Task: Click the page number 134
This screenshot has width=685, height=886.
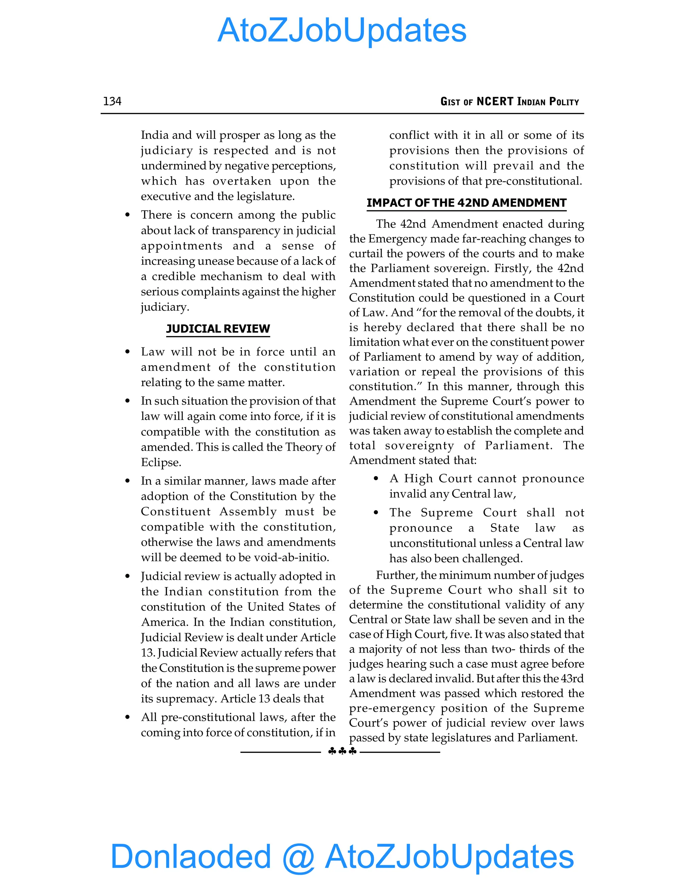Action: click(112, 101)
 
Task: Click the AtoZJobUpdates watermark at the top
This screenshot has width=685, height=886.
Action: click(342, 30)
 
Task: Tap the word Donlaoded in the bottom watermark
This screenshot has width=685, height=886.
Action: click(190, 856)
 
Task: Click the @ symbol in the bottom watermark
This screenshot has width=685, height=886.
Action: click(298, 857)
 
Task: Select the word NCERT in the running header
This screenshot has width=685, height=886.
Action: click(495, 101)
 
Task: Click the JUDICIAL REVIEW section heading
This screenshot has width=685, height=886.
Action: click(218, 329)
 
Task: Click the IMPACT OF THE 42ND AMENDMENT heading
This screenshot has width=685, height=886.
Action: click(466, 203)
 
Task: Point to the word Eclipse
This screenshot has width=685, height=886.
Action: click(161, 462)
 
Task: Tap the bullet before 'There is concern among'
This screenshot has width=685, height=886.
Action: click(127, 215)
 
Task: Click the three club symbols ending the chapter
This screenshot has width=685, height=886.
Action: click(342, 751)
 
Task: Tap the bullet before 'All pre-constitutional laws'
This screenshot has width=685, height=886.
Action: click(127, 717)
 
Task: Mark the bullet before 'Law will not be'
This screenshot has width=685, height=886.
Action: click(127, 352)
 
